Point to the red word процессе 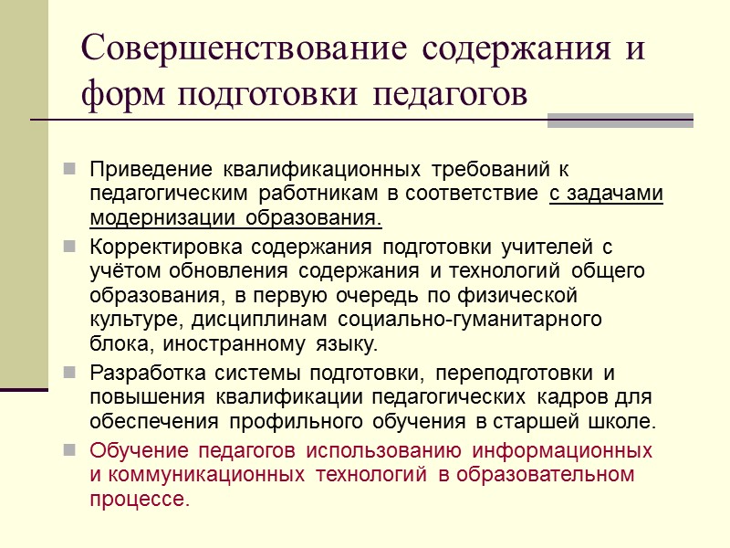tap(140, 500)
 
